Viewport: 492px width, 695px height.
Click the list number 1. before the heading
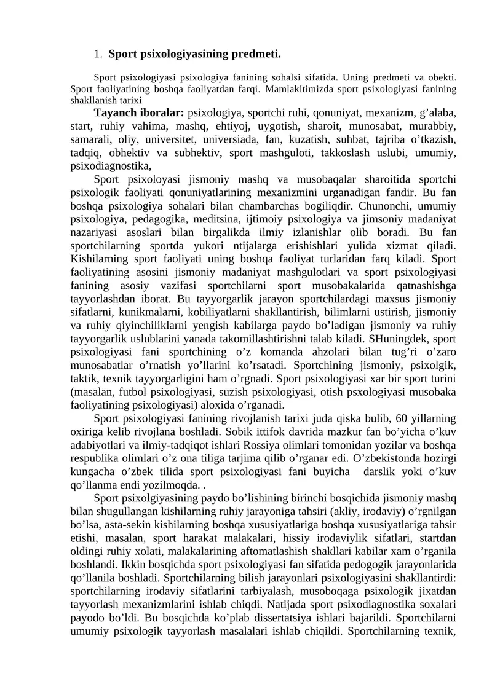coord(98,54)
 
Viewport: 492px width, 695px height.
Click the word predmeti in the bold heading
coord(253,54)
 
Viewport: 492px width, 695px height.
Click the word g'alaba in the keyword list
coord(434,113)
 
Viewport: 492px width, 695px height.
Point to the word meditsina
coord(205,219)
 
